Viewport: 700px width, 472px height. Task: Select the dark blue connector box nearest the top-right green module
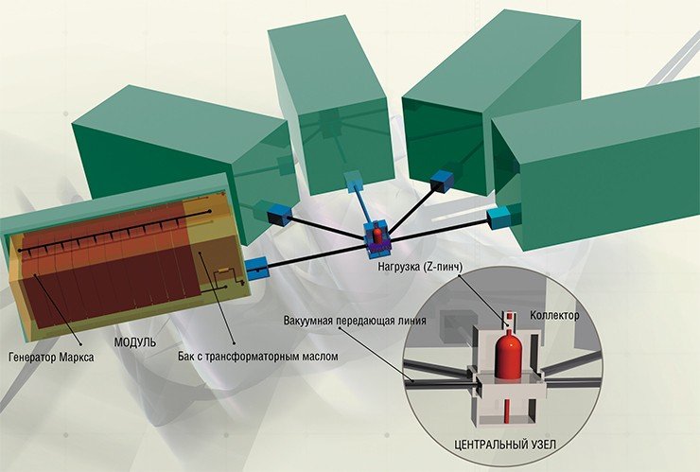point(441,180)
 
